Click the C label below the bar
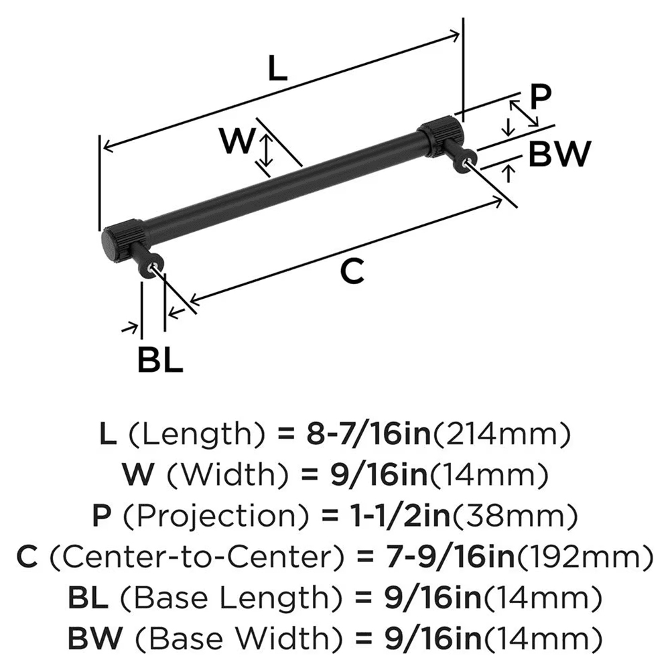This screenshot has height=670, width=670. (x=352, y=272)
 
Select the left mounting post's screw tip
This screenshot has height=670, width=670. (x=156, y=269)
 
